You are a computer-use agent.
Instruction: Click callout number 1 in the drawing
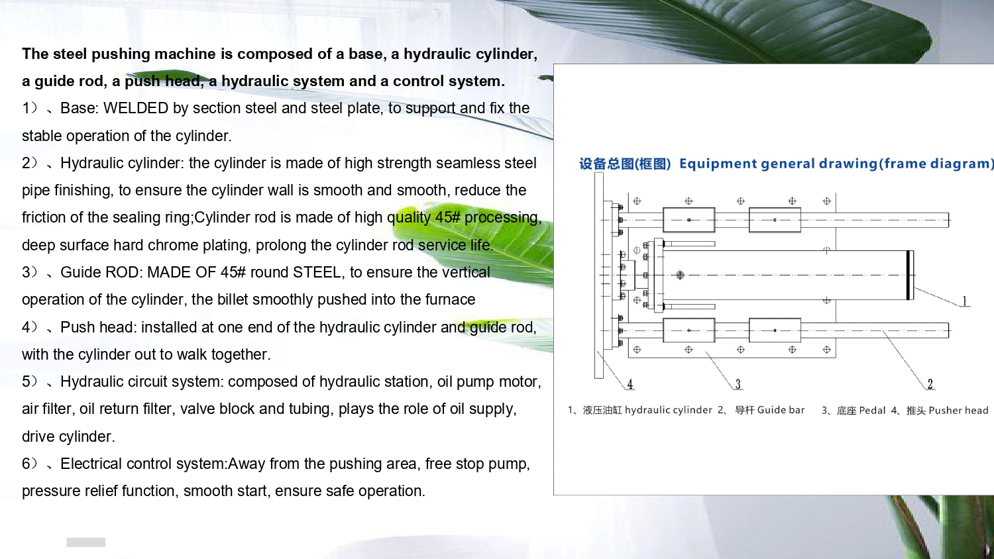[x=964, y=301]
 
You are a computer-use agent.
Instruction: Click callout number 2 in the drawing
[x=930, y=383]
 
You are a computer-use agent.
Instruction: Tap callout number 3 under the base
[x=738, y=383]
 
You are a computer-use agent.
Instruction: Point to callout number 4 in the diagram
[x=630, y=383]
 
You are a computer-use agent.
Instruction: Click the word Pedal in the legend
[x=873, y=411]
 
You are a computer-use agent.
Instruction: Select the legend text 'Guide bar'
[x=781, y=410]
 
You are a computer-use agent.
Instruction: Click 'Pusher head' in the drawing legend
[x=958, y=411]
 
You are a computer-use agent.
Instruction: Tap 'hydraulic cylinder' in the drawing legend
[x=668, y=410]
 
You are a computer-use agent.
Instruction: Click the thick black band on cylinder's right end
[x=909, y=275]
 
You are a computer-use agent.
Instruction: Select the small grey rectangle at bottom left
[x=85, y=542]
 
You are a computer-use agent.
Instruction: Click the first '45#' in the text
[x=448, y=217]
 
